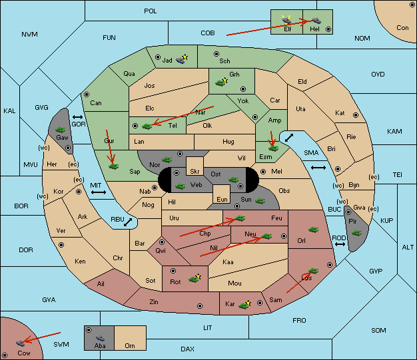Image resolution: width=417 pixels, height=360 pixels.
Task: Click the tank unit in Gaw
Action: (x=61, y=130)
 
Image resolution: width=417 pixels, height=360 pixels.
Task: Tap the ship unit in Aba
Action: (x=101, y=338)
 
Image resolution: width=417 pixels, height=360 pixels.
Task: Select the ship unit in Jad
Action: (x=181, y=60)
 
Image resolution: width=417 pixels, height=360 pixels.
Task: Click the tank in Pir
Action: (x=356, y=233)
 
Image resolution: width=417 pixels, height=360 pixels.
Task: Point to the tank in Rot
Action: (x=194, y=279)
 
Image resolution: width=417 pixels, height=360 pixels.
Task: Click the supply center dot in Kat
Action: (x=356, y=115)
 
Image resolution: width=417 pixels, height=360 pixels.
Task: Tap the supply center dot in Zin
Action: (x=200, y=306)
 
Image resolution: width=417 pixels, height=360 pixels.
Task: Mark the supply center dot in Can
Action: (x=87, y=94)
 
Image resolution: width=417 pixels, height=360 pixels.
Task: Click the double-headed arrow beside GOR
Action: (x=78, y=117)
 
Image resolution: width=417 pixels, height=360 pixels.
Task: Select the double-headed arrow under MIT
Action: (x=99, y=192)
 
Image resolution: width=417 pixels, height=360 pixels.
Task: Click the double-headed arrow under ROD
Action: (x=340, y=244)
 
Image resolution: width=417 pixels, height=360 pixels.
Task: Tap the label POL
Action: (x=151, y=11)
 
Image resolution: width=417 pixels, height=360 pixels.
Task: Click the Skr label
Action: (x=195, y=172)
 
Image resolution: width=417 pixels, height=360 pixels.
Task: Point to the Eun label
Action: (x=222, y=199)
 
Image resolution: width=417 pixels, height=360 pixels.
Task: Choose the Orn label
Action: (x=130, y=345)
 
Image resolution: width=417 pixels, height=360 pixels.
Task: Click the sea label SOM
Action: (x=378, y=331)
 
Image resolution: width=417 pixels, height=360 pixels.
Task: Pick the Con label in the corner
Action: (x=402, y=28)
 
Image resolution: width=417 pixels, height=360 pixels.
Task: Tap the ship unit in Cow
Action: (x=20, y=343)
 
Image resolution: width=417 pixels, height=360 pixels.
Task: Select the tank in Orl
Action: (x=313, y=230)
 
